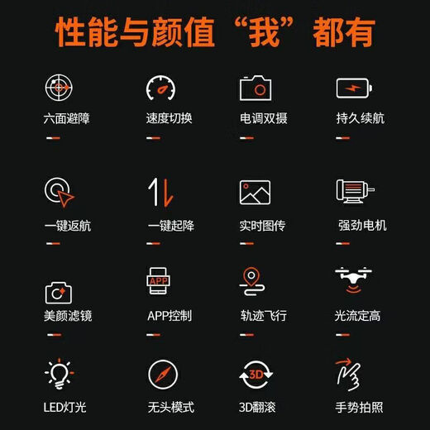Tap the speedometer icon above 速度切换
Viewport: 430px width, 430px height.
(x=160, y=87)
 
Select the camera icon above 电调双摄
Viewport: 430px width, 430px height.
(x=256, y=87)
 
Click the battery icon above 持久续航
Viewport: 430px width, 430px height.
(x=355, y=88)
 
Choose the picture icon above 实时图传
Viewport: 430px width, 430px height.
(x=256, y=193)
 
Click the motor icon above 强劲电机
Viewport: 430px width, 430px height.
(x=355, y=192)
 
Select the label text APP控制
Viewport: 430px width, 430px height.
(x=170, y=316)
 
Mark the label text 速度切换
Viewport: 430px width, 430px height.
(x=170, y=118)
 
